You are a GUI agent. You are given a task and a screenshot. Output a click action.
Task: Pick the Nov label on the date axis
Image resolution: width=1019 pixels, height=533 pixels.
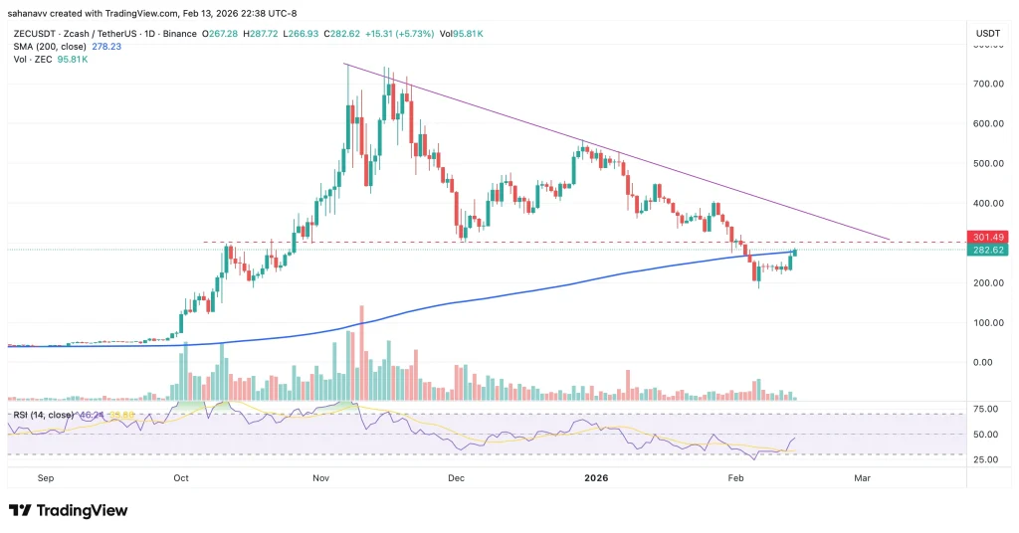click(x=319, y=478)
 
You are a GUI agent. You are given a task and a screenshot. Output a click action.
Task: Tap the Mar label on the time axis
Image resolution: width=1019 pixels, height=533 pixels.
click(x=862, y=478)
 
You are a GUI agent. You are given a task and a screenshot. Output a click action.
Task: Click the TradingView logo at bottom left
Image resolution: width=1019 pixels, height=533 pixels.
click(x=69, y=510)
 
